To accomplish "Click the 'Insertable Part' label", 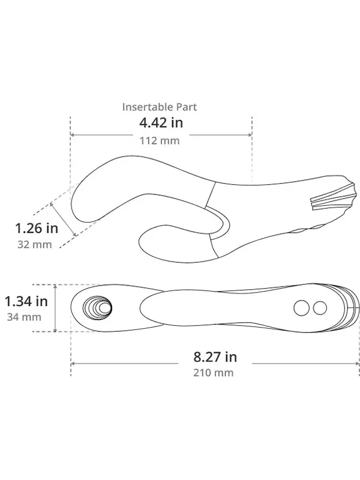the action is click(159, 107).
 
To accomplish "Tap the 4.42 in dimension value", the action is click(161, 123).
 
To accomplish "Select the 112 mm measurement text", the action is click(160, 141).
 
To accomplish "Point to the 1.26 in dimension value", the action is click(37, 228).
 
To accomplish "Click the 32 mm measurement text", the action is click(35, 245).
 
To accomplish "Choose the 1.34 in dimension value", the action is click(26, 302).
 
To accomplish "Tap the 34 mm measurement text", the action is click(24, 317).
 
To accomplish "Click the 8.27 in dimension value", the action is click(215, 357).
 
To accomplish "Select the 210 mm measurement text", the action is click(214, 373).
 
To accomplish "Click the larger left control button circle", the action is click(302, 308).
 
